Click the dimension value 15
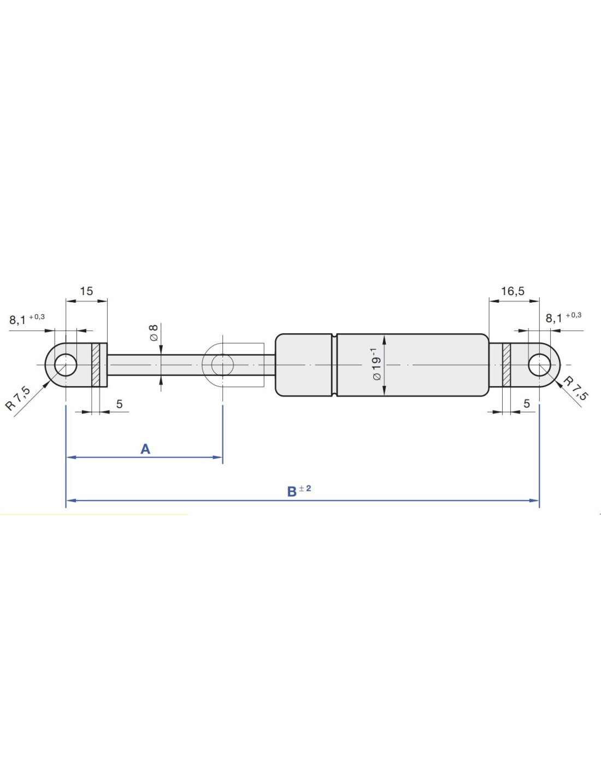86,291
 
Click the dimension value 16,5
512,291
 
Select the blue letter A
145,449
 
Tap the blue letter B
292,492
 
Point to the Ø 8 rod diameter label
154,333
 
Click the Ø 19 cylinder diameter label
377,364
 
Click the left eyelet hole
66,364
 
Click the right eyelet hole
539,365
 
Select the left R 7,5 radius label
17,398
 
